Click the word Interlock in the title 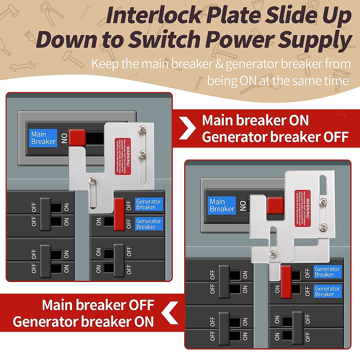154,16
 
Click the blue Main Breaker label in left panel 43,138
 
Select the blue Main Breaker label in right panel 222,205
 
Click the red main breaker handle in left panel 77,138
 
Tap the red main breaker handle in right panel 275,206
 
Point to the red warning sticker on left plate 123,156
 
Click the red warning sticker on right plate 302,208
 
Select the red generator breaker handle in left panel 119,214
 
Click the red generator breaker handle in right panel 286,282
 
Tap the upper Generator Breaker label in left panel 149,204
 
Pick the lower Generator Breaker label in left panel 149,224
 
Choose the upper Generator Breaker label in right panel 327,272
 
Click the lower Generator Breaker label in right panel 327,291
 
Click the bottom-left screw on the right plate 273,253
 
